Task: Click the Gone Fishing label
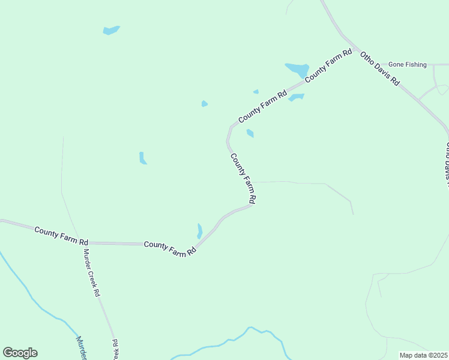click(x=407, y=64)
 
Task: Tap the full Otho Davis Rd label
click(x=380, y=69)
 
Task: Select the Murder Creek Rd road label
click(x=91, y=273)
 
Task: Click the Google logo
click(x=20, y=353)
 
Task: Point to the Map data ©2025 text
click(x=423, y=355)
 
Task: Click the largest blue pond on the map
click(x=297, y=70)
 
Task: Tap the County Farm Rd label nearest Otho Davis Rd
click(x=328, y=67)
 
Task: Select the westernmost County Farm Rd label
click(x=61, y=235)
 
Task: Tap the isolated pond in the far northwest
click(x=111, y=30)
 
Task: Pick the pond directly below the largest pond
click(x=297, y=97)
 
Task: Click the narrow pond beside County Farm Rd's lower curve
click(x=199, y=231)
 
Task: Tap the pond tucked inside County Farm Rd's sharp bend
click(x=250, y=133)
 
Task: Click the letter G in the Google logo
click(x=8, y=353)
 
